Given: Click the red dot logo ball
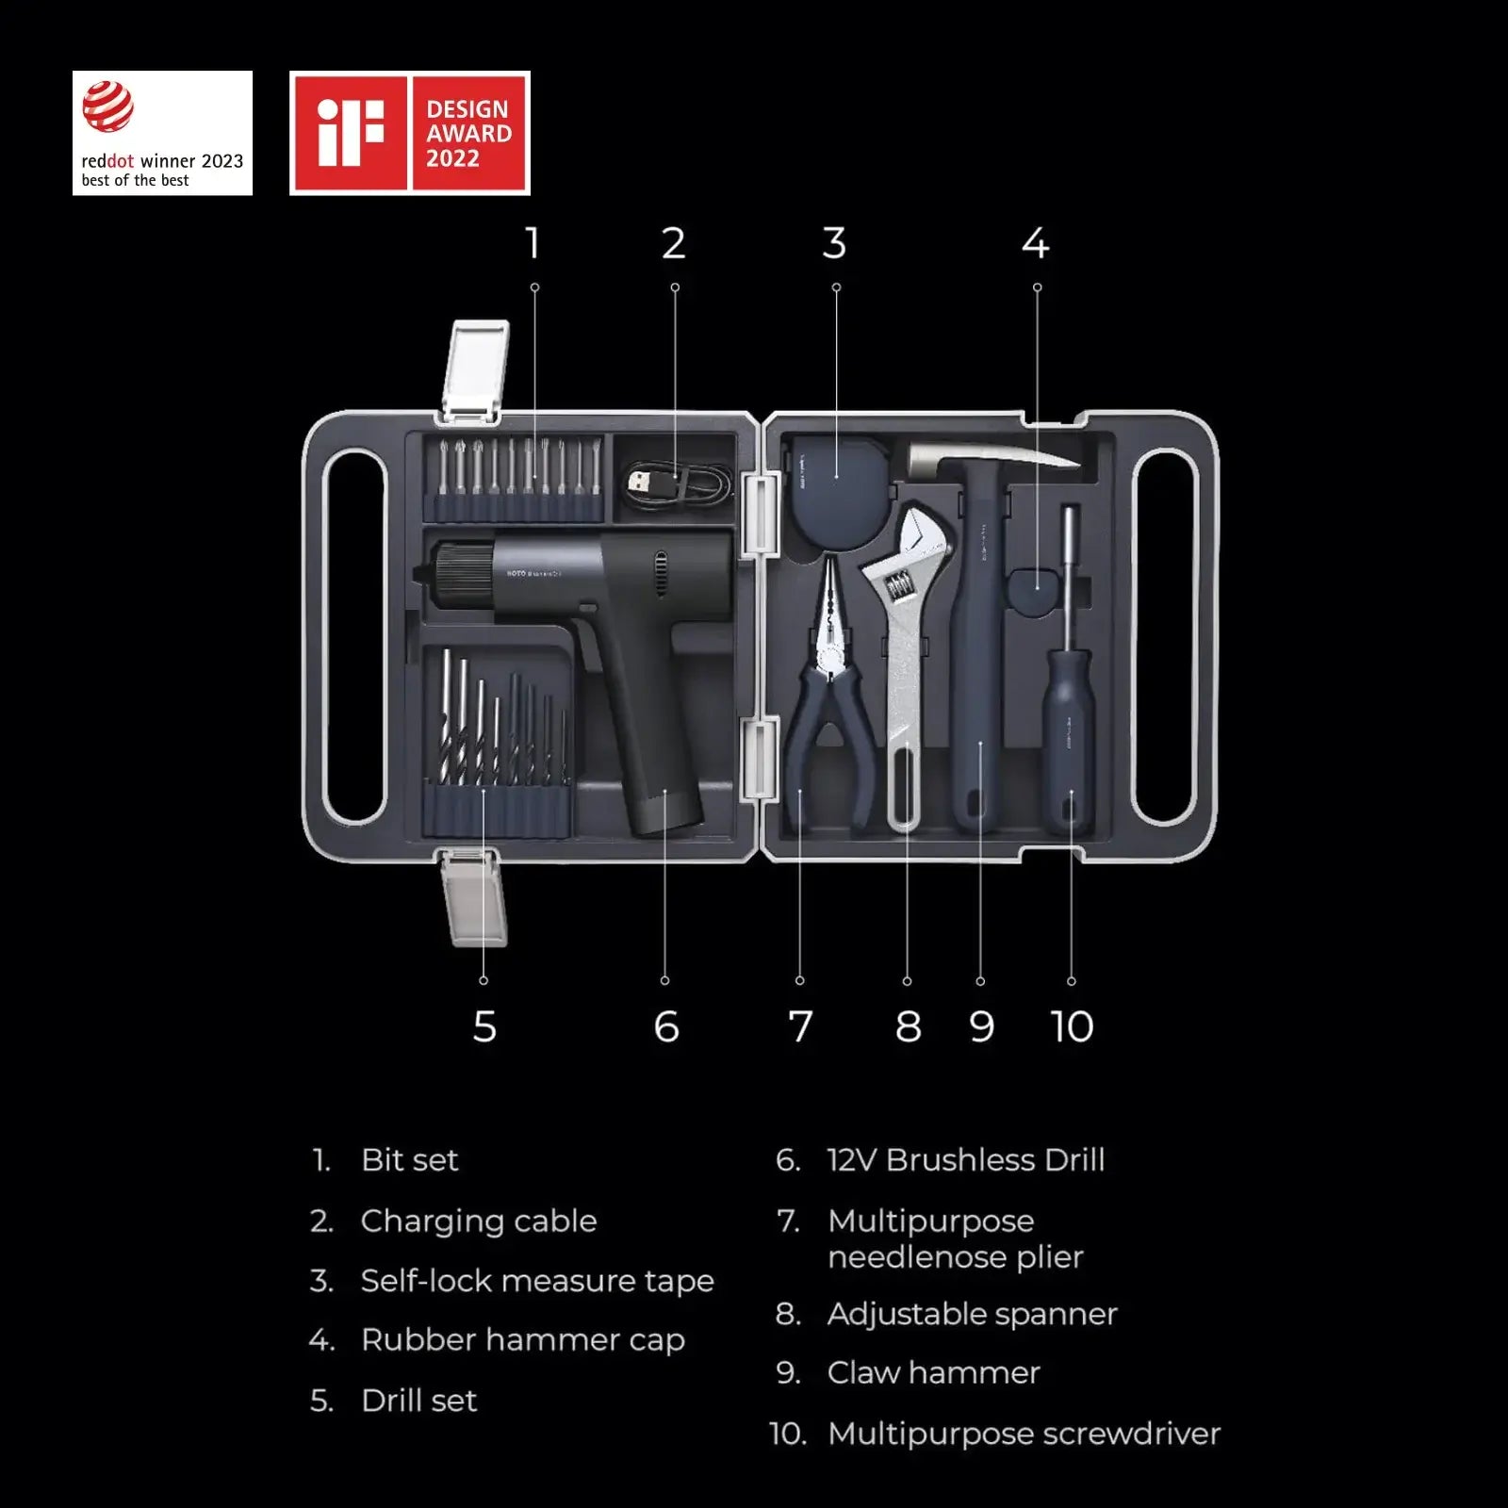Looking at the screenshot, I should (107, 107).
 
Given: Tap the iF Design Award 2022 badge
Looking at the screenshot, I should (409, 133).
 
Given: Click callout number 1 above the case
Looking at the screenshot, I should (533, 243).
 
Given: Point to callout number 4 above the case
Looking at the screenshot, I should (1035, 243).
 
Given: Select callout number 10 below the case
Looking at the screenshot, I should (1072, 1026).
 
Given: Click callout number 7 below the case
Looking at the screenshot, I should (800, 1026).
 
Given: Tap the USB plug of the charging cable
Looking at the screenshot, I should (640, 484).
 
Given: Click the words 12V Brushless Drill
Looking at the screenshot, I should (965, 1160).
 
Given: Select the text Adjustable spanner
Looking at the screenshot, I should (972, 1314).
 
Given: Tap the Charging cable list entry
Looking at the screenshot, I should (478, 1221).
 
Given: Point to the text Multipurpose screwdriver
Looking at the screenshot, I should (1024, 1434).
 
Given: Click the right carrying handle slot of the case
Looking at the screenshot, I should (1165, 636).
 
